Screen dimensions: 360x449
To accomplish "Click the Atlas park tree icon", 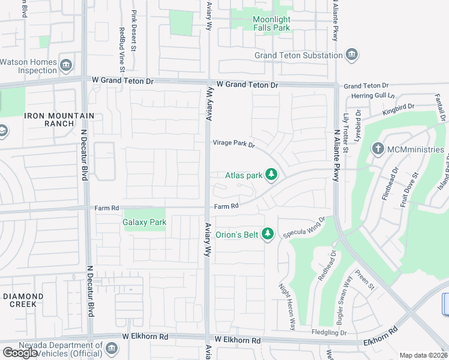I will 272,175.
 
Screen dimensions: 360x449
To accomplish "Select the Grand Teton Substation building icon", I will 352,55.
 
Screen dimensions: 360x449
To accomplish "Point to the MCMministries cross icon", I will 378,148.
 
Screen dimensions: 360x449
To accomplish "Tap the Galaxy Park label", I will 144,222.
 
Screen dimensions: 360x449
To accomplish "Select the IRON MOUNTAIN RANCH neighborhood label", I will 59,119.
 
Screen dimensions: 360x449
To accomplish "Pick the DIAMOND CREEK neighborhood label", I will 23,300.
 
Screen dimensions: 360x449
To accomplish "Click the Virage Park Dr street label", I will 234,143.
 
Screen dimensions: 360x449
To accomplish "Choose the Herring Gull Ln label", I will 373,95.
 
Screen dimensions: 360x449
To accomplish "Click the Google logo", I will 20,353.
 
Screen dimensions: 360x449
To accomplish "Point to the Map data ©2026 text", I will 424,355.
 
